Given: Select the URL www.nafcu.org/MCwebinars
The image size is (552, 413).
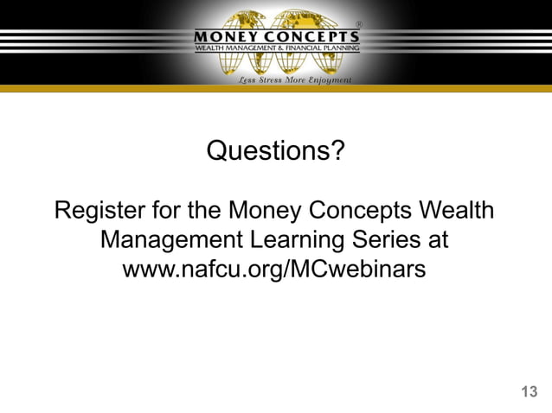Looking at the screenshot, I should point(275,269).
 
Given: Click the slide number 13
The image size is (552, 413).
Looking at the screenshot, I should point(529,391).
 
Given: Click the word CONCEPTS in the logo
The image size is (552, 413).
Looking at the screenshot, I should point(312,36).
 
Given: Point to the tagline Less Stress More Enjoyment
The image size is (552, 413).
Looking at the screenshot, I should point(294,79).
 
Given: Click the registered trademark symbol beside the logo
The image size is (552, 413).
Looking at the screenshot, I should point(359,24).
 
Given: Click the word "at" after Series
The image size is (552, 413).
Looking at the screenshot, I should point(436,239).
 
